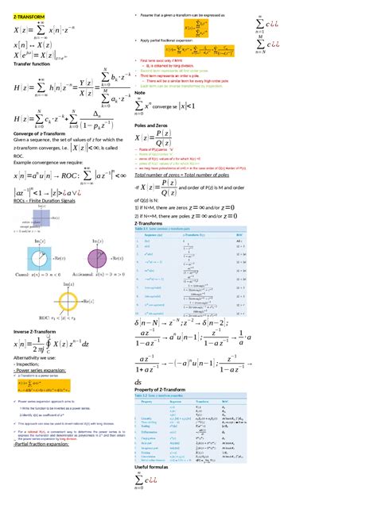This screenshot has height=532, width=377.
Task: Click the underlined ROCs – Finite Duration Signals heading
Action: tap(49, 201)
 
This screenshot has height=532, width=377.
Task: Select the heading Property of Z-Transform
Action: tap(170, 389)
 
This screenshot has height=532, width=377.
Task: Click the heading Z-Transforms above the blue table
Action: tap(151, 225)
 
